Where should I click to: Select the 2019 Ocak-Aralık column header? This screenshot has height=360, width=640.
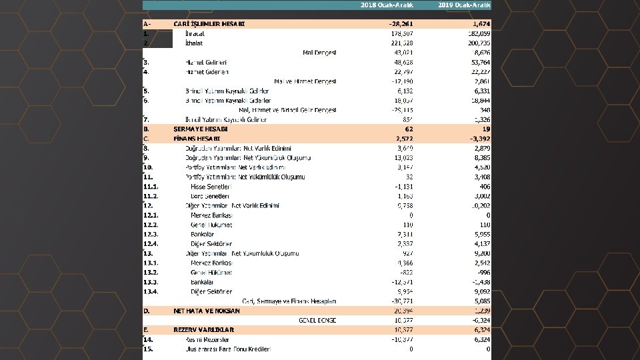click(465, 5)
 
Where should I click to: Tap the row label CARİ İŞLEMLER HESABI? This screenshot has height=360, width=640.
click(209, 24)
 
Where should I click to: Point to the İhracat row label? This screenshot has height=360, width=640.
click(195, 33)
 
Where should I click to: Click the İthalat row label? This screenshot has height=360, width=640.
click(194, 43)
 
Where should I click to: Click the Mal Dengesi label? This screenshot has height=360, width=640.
click(319, 53)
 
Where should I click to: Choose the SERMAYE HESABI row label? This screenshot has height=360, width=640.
click(201, 129)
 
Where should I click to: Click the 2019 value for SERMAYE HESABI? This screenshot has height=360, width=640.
click(485, 129)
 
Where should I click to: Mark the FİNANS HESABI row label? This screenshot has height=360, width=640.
click(197, 138)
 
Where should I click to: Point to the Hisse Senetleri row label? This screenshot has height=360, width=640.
click(209, 187)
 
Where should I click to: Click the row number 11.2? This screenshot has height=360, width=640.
click(151, 196)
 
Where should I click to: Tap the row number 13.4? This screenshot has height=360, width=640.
click(151, 292)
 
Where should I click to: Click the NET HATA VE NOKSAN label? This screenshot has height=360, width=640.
click(207, 311)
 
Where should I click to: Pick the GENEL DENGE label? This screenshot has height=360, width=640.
click(317, 321)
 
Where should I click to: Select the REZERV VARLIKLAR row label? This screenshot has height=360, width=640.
click(203, 330)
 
